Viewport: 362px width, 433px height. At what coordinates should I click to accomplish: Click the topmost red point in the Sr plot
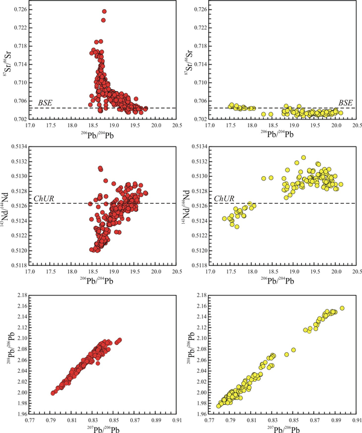pyautogui.click(x=104, y=11)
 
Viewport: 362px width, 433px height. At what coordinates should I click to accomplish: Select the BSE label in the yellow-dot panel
pyautogui.click(x=346, y=103)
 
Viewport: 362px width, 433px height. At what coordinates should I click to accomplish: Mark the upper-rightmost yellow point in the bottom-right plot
pyautogui.click(x=342, y=308)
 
